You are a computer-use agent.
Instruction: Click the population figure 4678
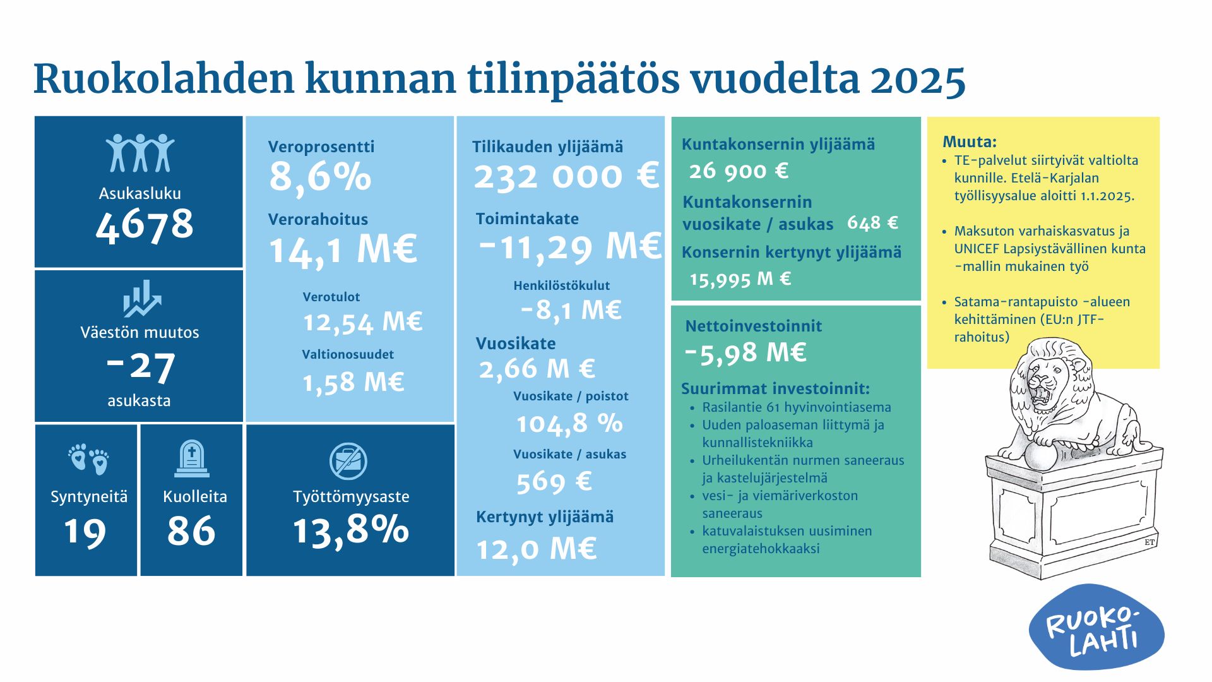[145, 224]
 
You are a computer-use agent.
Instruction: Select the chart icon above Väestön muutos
[141, 298]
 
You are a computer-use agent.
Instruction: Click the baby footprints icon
[88, 458]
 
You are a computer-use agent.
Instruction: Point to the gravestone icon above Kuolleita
[191, 458]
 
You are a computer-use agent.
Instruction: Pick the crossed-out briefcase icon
[348, 461]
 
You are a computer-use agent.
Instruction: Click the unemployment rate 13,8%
[350, 529]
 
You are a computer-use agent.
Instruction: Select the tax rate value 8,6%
[320, 177]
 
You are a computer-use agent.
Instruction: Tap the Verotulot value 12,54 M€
[362, 322]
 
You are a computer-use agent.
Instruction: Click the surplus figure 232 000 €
[566, 176]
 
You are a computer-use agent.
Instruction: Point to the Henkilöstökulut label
[561, 285]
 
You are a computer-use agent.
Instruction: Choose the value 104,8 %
[569, 423]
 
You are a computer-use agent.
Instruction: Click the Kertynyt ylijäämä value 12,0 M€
[536, 549]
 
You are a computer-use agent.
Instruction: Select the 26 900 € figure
[739, 170]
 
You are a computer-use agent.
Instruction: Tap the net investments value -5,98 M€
[746, 352]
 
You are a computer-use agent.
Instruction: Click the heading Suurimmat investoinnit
[775, 388]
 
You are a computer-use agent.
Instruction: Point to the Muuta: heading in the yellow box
[969, 141]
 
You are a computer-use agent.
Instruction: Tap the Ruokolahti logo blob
[1096, 626]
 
